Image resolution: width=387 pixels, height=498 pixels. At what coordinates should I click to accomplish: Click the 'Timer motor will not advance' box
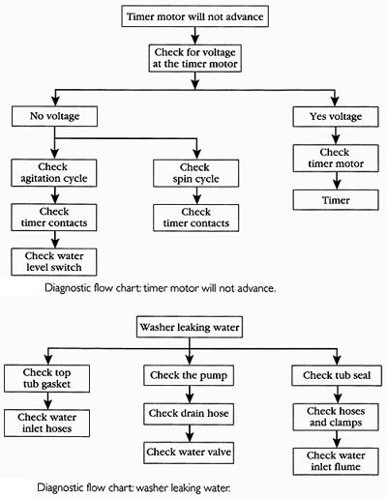click(194, 16)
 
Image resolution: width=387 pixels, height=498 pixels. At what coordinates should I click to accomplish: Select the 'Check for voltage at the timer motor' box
click(194, 58)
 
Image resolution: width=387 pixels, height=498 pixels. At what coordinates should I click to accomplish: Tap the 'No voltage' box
click(54, 116)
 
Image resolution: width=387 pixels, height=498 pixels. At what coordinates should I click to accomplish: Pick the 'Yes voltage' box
click(336, 116)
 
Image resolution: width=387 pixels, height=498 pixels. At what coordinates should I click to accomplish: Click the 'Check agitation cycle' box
click(54, 173)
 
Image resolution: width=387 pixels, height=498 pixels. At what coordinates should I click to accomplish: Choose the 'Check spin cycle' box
click(196, 173)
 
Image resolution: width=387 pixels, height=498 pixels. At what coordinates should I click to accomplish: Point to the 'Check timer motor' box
click(336, 158)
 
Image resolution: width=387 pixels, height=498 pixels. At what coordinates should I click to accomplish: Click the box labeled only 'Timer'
click(336, 200)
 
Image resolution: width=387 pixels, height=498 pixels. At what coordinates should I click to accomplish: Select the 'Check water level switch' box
click(54, 262)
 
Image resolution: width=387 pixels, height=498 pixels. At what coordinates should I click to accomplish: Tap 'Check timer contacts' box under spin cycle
click(196, 218)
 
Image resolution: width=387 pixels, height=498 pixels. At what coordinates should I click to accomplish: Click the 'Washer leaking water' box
click(190, 327)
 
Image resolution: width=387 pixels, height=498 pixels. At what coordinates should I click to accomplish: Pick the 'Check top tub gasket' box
click(46, 378)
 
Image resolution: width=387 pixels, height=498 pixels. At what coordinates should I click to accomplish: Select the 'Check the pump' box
click(189, 375)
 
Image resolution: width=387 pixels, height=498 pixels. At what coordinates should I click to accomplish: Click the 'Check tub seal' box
click(337, 375)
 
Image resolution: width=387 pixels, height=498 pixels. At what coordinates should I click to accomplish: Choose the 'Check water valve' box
click(189, 452)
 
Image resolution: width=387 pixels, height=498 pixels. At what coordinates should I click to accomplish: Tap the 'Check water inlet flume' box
click(336, 461)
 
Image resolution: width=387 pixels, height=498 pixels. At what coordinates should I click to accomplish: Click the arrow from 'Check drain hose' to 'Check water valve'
click(190, 433)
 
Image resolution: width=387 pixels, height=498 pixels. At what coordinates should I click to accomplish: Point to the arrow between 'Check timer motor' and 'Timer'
click(337, 181)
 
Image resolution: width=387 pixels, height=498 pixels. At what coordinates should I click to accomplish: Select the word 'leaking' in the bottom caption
click(184, 487)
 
